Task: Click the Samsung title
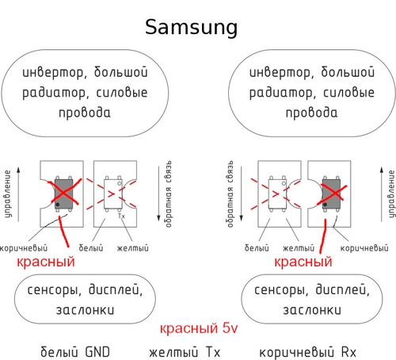click(x=192, y=28)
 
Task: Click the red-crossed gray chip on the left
click(x=63, y=193)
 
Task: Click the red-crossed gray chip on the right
click(x=331, y=193)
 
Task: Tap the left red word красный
click(x=46, y=262)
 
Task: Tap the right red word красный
click(x=303, y=262)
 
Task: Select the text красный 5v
click(x=199, y=328)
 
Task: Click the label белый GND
click(x=75, y=352)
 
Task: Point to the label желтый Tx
click(x=185, y=352)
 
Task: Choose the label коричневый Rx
click(x=308, y=352)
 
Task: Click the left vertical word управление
click(x=8, y=193)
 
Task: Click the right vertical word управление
click(x=391, y=193)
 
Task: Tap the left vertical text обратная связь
click(x=168, y=193)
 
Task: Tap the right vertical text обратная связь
click(x=230, y=193)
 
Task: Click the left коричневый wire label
click(x=24, y=248)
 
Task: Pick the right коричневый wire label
click(x=364, y=248)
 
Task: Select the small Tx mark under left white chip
click(x=121, y=216)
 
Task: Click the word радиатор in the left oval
click(x=54, y=93)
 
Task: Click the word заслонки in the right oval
click(x=312, y=310)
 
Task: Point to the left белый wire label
click(x=91, y=247)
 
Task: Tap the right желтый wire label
click(x=299, y=248)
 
